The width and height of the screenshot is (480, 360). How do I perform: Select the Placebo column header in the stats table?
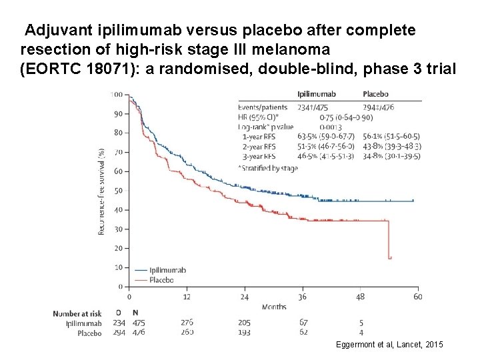[x=376, y=94]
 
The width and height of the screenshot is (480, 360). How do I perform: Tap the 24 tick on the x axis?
[x=245, y=297]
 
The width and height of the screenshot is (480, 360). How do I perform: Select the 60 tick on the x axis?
[x=417, y=297]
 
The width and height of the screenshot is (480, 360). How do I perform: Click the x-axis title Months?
[x=273, y=307]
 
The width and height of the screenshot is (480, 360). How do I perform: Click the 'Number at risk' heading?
[x=77, y=313]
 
